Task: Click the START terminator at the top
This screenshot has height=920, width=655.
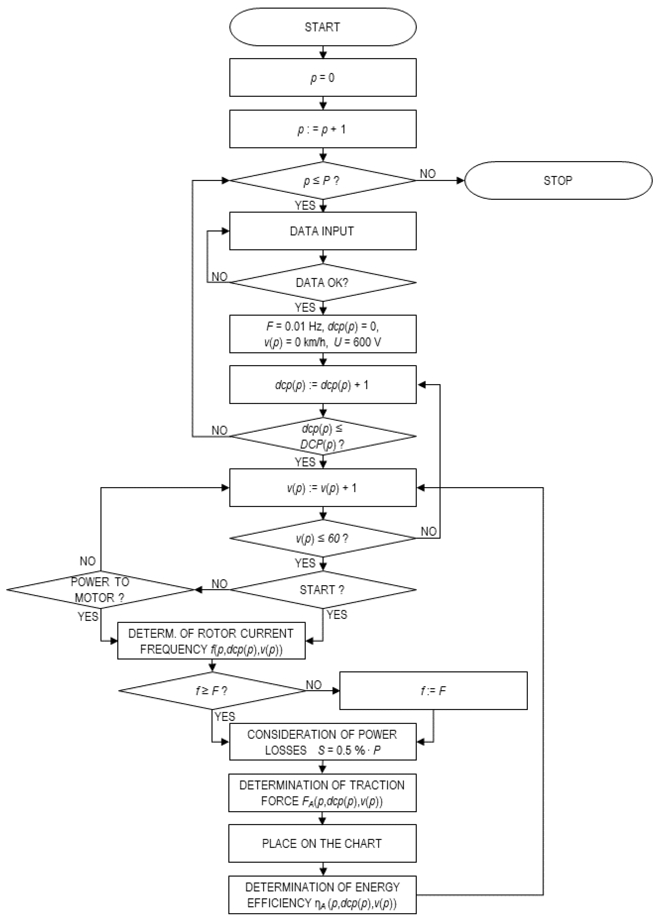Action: (323, 27)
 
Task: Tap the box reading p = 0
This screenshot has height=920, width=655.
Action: (323, 77)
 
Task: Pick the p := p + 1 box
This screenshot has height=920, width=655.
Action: (323, 129)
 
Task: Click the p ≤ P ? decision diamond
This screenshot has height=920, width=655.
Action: (323, 180)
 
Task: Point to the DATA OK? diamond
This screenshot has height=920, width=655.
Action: (323, 282)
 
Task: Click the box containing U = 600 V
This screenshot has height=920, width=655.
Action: (323, 334)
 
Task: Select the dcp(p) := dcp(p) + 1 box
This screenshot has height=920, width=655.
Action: (323, 385)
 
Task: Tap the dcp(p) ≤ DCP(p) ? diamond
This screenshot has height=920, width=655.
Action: (323, 436)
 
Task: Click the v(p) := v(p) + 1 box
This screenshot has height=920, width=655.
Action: (323, 488)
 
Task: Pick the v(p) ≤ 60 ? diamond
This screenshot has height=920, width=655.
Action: (323, 538)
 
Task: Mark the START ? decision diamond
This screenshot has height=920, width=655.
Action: (323, 590)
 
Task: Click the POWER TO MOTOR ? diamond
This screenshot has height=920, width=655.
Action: (100, 590)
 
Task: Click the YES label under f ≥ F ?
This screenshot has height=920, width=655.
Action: (225, 717)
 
